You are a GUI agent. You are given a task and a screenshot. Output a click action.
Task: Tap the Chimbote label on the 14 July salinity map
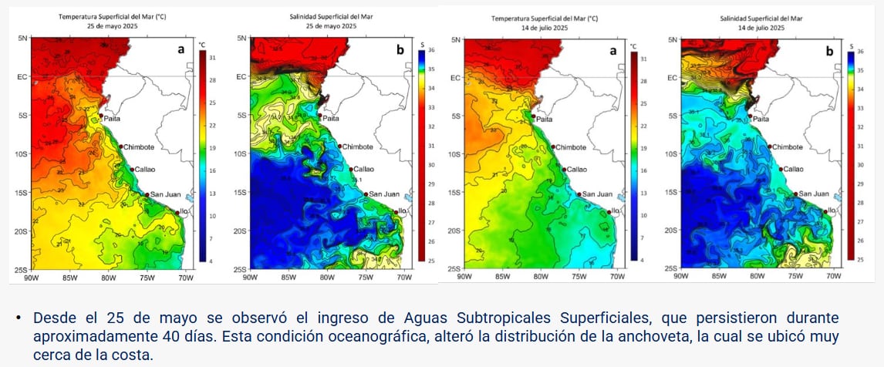pos(787,146)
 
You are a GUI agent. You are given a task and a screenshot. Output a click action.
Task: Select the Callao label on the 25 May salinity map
pos(363,170)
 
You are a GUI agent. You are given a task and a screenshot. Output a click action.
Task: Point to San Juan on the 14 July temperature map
pos(598,194)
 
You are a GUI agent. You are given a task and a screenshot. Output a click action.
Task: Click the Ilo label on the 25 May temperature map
pos(185,210)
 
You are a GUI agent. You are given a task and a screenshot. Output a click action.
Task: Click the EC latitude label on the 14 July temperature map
pos(454,77)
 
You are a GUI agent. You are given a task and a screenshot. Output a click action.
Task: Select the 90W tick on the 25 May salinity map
pos(250,277)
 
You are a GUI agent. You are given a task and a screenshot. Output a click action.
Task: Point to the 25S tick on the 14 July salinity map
pos(670,268)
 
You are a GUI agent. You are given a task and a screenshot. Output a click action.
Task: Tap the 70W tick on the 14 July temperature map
pos(618,276)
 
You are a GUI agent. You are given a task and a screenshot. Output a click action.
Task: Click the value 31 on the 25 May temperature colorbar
pos(212,58)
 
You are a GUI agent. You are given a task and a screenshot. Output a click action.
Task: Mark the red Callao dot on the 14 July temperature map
pos(565,170)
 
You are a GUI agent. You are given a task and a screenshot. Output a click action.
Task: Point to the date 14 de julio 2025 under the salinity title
pos(761,27)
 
